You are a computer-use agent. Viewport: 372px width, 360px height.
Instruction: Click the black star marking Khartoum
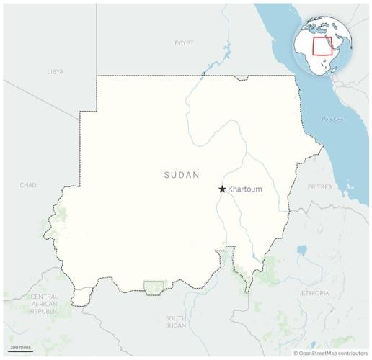222,189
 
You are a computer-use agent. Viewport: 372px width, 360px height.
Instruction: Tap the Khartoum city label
245,189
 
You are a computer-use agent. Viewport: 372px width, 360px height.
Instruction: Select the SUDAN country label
182,175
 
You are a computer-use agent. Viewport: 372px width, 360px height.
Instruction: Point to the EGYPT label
184,43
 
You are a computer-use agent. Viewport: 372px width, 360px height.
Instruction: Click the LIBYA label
56,72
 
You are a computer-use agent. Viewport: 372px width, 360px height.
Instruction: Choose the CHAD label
28,185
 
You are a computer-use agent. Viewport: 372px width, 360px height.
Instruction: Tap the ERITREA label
320,186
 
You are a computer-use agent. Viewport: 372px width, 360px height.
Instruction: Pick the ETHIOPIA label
315,293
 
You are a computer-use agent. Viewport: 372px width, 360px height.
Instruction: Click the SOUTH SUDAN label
176,321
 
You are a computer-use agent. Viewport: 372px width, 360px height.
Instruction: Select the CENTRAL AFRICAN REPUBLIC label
45,304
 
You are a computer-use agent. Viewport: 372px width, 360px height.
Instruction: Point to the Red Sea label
332,120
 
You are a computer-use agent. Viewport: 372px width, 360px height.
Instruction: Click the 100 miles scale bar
20,350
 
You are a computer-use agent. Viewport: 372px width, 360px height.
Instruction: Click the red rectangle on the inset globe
324,46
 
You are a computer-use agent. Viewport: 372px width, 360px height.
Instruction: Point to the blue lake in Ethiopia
301,251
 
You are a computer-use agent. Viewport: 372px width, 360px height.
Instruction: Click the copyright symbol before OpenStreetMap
295,354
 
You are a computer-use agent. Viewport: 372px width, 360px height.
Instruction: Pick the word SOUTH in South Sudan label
176,318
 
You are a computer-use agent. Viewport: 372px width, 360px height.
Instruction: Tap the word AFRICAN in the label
45,304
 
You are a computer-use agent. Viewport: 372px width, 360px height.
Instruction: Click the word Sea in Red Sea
338,120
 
